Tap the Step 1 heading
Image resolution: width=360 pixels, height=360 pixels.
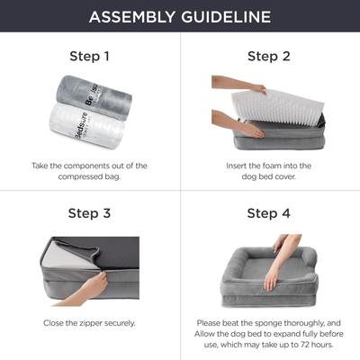point(89,56)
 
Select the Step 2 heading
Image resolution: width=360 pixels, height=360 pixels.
point(269,56)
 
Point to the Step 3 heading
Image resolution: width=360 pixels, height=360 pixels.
point(89,213)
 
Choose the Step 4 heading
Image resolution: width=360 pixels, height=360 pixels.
point(269,213)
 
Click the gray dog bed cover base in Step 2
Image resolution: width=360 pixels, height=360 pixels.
point(270,139)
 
